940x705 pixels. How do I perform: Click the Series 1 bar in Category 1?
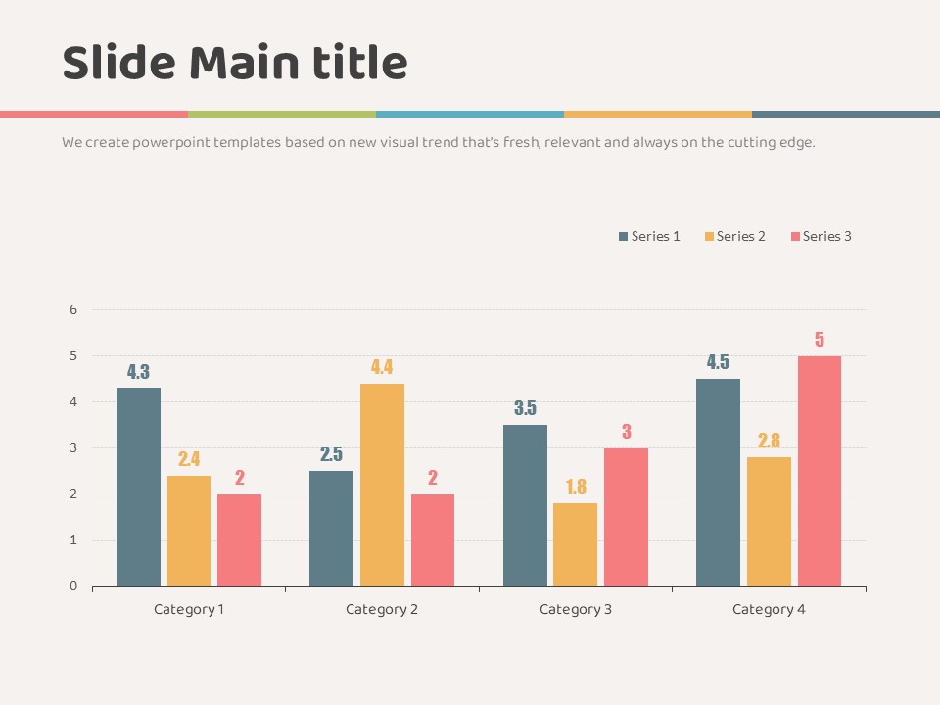pos(138,487)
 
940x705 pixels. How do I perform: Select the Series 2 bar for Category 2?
pos(382,485)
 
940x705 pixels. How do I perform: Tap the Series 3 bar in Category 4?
pos(820,471)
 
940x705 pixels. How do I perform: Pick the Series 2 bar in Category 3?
pos(575,544)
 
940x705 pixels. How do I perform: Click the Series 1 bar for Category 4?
pos(718,482)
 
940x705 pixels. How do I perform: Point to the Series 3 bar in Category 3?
pos(626,517)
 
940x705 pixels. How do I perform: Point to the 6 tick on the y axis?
pos(72,310)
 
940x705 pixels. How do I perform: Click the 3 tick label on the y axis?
pos(72,448)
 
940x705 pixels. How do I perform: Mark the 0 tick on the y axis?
pos(72,587)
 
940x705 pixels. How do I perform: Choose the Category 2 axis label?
pos(382,609)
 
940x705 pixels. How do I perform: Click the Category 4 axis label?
pos(769,609)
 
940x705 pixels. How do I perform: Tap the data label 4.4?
pos(382,368)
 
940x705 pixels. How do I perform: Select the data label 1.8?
pos(575,487)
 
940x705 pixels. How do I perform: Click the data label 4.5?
pos(718,362)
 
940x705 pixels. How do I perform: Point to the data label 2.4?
pos(189,459)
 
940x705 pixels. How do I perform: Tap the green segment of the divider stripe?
pos(282,114)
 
